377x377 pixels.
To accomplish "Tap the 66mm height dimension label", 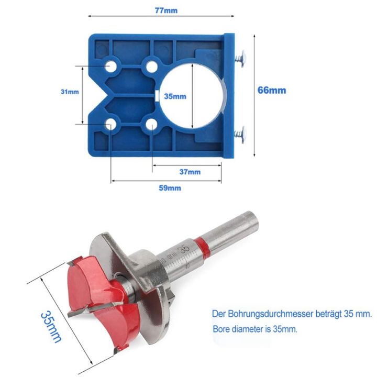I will [272, 90].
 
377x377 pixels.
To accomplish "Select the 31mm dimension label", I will [70, 92].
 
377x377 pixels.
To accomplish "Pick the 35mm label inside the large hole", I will [175, 96].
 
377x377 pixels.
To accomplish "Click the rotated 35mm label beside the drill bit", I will [51, 325].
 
